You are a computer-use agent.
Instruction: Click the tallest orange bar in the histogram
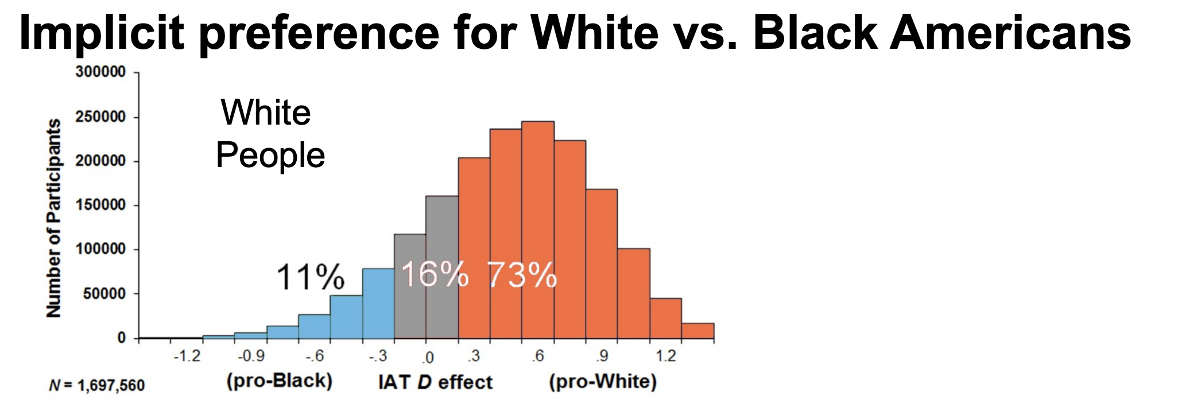coord(537,230)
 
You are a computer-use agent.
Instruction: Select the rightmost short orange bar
coord(697,331)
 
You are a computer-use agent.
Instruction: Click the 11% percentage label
coord(311,277)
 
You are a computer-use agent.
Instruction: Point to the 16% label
coord(435,274)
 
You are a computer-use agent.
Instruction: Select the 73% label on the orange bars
coord(522,275)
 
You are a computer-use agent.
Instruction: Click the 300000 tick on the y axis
coord(100,72)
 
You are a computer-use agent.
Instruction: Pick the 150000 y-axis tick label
coord(100,205)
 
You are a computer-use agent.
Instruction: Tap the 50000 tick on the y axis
coord(104,293)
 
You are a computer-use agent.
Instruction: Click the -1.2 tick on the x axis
coord(187,357)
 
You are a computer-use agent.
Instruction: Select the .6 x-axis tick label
coord(537,357)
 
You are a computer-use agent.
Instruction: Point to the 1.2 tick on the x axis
coord(666,357)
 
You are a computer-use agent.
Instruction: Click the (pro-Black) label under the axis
coord(280,381)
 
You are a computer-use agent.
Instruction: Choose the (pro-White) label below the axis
coord(603,382)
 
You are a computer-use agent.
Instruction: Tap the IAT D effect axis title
coord(435,382)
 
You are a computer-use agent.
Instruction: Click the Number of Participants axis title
coord(53,218)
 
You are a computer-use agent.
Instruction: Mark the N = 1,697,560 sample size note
coord(97,385)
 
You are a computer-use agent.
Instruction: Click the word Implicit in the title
coord(101,33)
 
